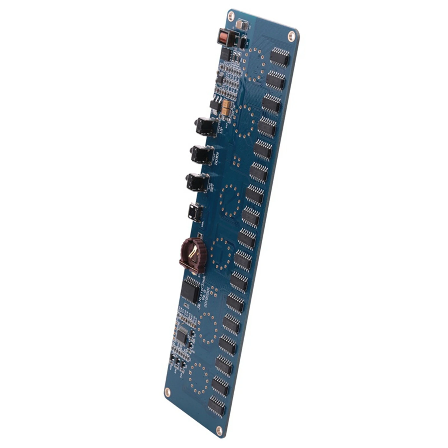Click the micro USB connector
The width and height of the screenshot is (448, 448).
(195, 213)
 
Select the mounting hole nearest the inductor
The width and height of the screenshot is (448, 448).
(231, 17)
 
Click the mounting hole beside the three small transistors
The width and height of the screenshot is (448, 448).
(167, 392)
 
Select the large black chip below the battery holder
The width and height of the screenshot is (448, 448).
(190, 290)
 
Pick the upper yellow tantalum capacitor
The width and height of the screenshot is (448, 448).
(227, 104)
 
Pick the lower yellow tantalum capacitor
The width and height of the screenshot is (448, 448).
(226, 111)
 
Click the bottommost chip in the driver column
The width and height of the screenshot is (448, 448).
(217, 406)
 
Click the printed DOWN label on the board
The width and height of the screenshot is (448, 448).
(217, 158)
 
